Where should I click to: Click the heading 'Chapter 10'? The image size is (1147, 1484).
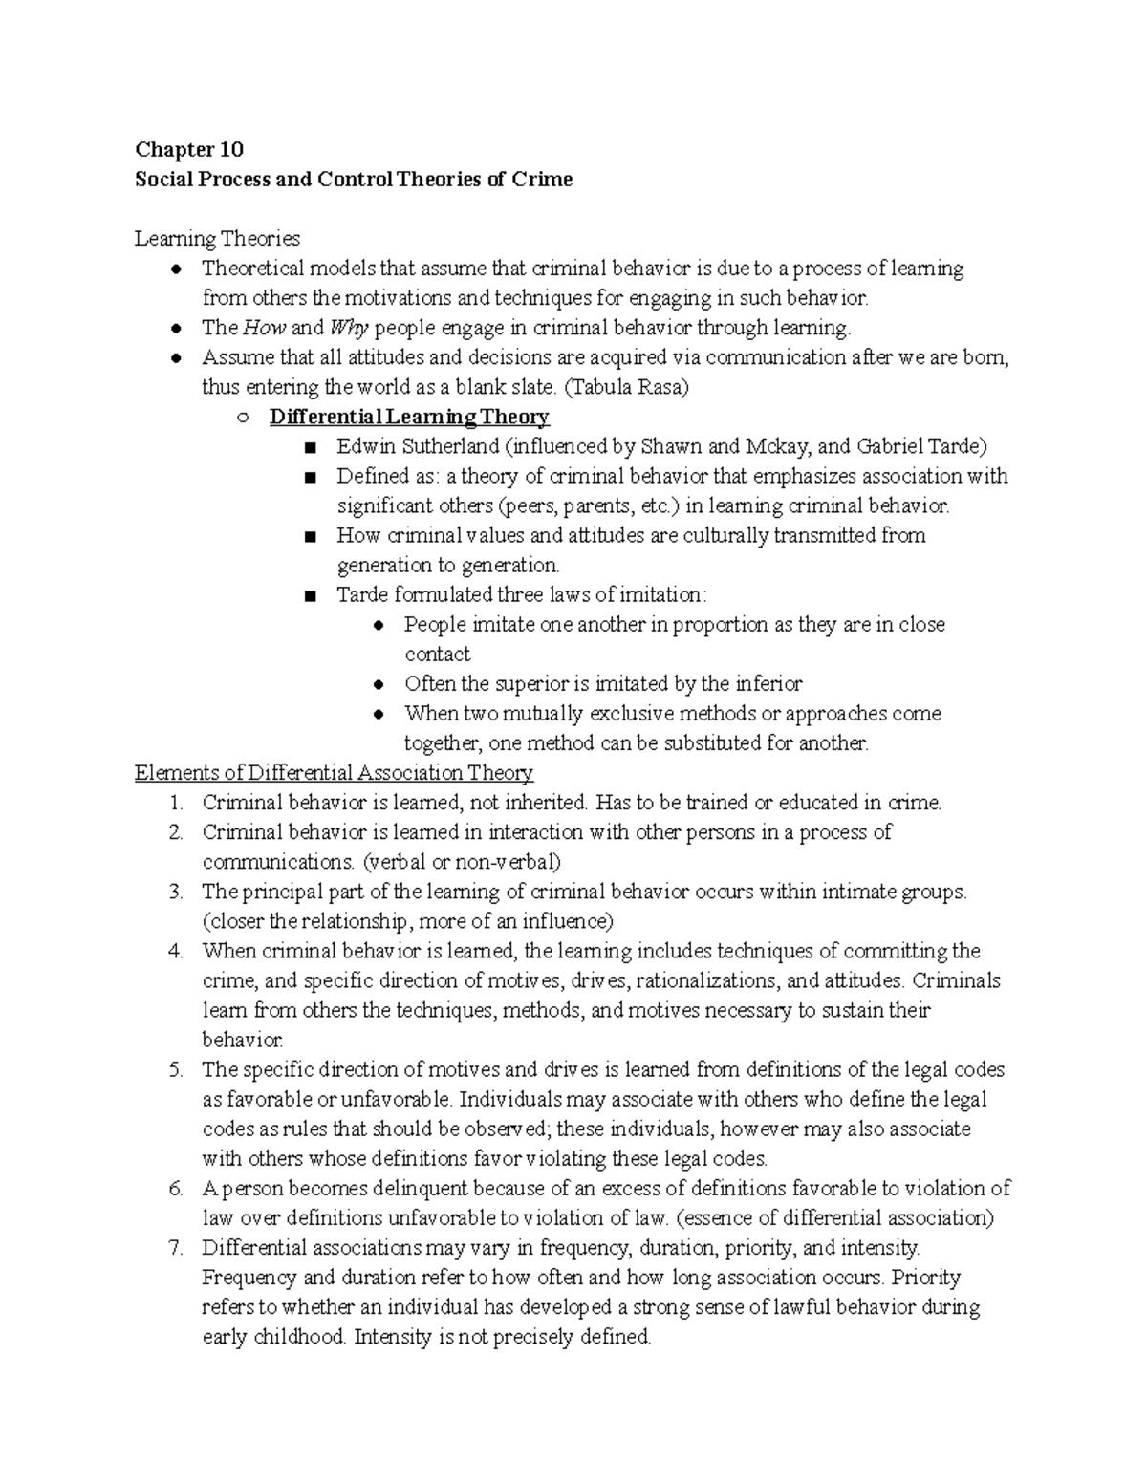pos(189,149)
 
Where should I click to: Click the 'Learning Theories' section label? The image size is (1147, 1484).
pos(217,238)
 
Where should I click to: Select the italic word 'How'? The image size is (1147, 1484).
pos(264,328)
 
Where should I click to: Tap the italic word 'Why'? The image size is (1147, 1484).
pos(349,328)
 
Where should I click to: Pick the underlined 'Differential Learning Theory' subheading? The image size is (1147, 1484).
pos(409,417)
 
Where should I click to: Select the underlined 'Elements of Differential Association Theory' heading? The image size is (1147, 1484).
pos(334,772)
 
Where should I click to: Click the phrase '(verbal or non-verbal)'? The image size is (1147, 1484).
pos(461,862)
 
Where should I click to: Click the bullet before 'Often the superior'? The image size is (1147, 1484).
pos(379,684)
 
